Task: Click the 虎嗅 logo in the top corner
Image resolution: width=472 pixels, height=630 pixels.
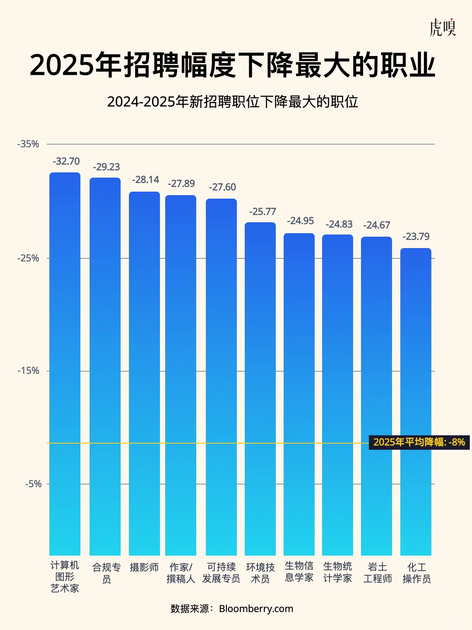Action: [x=442, y=28]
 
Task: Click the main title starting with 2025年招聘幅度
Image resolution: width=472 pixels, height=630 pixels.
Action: [x=233, y=66]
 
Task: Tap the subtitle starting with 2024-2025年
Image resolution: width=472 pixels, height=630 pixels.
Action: [x=233, y=102]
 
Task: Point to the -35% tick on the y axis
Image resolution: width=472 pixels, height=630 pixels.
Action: [x=28, y=144]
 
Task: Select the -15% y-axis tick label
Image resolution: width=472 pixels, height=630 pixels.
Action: [x=28, y=371]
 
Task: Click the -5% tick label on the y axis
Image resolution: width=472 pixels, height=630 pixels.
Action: [x=33, y=484]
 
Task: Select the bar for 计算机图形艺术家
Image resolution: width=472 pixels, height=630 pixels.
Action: [x=65, y=363]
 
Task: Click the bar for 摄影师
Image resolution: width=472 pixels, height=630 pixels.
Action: [x=144, y=372]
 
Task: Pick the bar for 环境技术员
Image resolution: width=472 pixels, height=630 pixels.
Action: [x=260, y=389]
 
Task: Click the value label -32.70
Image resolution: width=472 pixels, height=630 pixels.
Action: [x=66, y=161]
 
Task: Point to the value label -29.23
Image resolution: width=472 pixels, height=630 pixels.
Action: [x=106, y=167]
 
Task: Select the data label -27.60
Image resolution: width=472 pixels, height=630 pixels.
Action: [x=222, y=187]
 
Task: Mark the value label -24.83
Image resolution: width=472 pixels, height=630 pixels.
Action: [x=339, y=224]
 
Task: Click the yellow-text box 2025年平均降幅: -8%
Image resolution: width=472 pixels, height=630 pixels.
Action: [x=419, y=442]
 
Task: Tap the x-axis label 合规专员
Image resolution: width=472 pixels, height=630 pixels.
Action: [x=106, y=573]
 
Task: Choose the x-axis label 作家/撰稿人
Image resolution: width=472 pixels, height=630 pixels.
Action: [x=180, y=573]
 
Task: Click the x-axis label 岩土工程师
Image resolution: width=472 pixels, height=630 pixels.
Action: [x=377, y=573]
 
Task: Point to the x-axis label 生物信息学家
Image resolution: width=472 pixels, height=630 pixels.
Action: [x=299, y=572]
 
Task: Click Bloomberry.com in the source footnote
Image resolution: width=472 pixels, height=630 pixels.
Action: [x=256, y=609]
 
